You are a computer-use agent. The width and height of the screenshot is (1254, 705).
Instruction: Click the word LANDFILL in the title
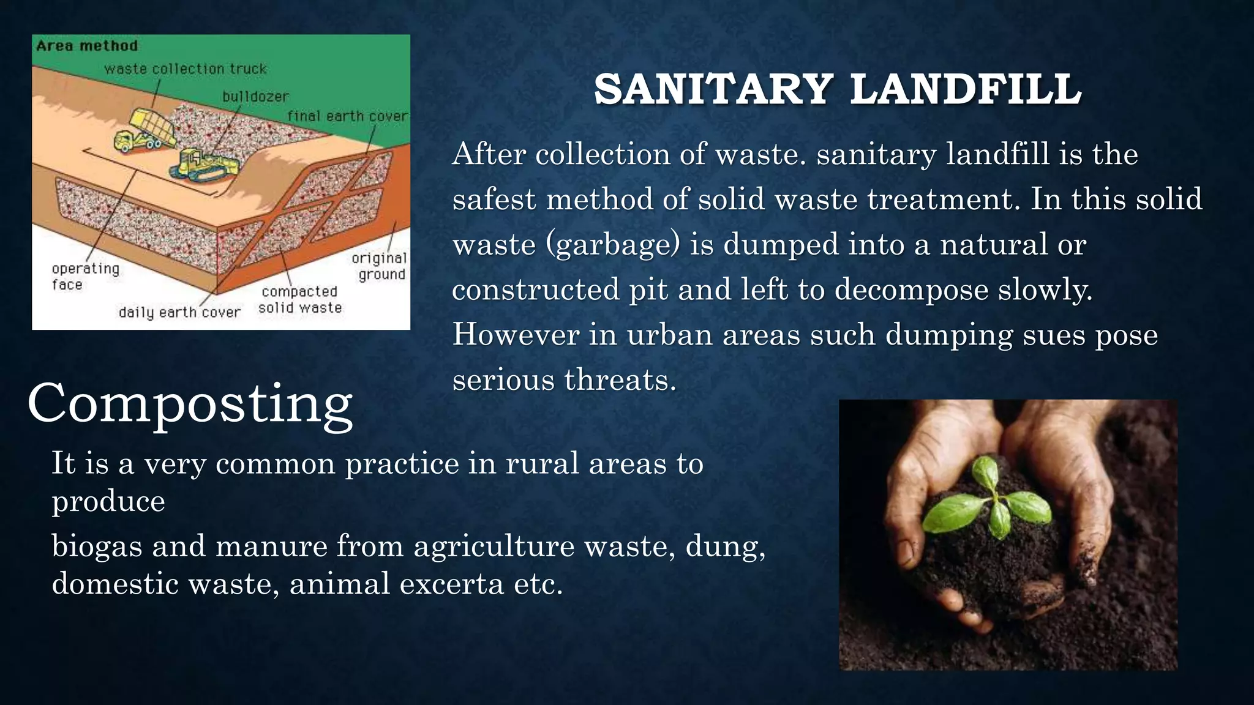(x=966, y=89)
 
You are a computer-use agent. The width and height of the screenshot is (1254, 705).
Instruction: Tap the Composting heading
(x=190, y=404)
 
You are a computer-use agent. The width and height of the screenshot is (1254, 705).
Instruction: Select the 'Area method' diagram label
(x=87, y=46)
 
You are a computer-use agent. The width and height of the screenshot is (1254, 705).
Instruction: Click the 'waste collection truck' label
(x=185, y=69)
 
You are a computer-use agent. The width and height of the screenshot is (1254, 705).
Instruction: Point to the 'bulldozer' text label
(x=255, y=97)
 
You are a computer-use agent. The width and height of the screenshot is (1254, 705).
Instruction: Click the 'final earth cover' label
(x=347, y=116)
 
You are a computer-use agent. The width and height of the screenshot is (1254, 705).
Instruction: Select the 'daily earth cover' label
(x=179, y=312)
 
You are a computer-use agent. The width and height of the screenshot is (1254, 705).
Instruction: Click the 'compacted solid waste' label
(x=299, y=300)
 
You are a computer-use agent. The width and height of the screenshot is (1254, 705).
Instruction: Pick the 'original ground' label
(x=380, y=266)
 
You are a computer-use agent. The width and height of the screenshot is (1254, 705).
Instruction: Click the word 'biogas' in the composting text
(x=97, y=546)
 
